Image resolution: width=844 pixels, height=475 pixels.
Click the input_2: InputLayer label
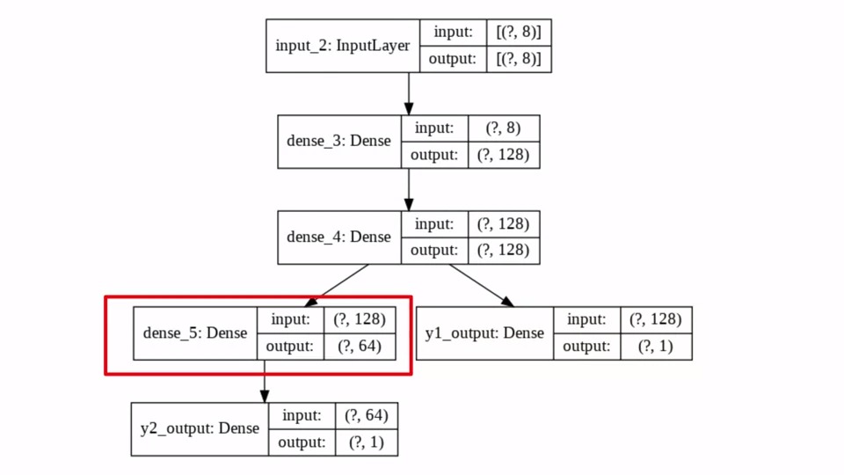(342, 46)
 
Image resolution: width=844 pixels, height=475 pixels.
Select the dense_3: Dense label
(338, 141)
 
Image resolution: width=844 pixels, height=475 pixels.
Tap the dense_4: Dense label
(338, 237)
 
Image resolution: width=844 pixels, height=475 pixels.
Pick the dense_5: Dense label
(194, 333)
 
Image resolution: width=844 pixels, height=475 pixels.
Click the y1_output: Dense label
(484, 333)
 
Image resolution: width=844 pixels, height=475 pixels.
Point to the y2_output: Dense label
(200, 428)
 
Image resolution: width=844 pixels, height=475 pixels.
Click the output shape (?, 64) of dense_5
(359, 347)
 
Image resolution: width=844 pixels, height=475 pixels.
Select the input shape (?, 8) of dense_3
(503, 128)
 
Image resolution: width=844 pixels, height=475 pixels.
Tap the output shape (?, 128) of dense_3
(503, 155)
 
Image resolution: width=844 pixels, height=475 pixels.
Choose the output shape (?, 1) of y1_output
(655, 347)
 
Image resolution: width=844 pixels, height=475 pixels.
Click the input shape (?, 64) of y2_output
(366, 415)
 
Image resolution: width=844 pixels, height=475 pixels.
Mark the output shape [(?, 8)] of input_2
(519, 59)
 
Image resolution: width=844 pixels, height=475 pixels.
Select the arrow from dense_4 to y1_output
(482, 285)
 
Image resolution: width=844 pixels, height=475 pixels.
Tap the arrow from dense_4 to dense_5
(337, 285)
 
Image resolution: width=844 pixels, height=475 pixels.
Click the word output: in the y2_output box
(302, 442)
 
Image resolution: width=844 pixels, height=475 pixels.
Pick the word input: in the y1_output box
(586, 320)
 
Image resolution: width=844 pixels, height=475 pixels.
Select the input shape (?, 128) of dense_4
(503, 223)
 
